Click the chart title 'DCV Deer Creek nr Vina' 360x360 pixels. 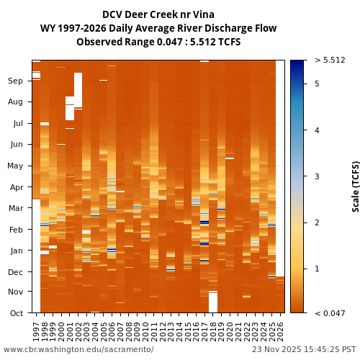click(158, 14)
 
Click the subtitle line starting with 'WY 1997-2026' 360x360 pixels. click(158, 28)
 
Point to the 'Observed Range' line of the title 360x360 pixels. click(158, 42)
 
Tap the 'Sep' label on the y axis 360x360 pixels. click(15, 81)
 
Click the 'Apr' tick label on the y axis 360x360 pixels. click(16, 187)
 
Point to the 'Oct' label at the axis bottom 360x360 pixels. click(16, 313)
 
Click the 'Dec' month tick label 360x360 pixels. click(16, 272)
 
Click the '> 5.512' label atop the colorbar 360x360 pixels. click(330, 60)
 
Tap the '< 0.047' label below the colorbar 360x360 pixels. click(330, 313)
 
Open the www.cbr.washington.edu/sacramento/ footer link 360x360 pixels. click(78, 350)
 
